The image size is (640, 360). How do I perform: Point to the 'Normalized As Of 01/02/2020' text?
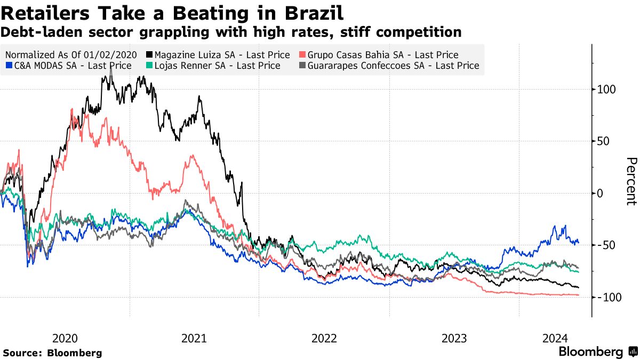pos(70,54)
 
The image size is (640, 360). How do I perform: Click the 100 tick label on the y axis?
pos(606,89)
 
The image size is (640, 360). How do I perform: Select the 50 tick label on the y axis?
pos(604,141)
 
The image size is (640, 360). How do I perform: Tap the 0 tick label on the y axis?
pos(601,193)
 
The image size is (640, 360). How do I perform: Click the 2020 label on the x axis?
pos(65,338)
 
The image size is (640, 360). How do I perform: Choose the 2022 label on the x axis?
pos(324,338)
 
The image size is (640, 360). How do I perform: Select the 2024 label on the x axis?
pos(555,338)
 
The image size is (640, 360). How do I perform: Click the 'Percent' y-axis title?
pos(631,181)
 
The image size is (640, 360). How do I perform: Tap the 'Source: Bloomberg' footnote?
pos(52,353)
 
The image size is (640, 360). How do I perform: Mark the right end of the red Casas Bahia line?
pos(579,295)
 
